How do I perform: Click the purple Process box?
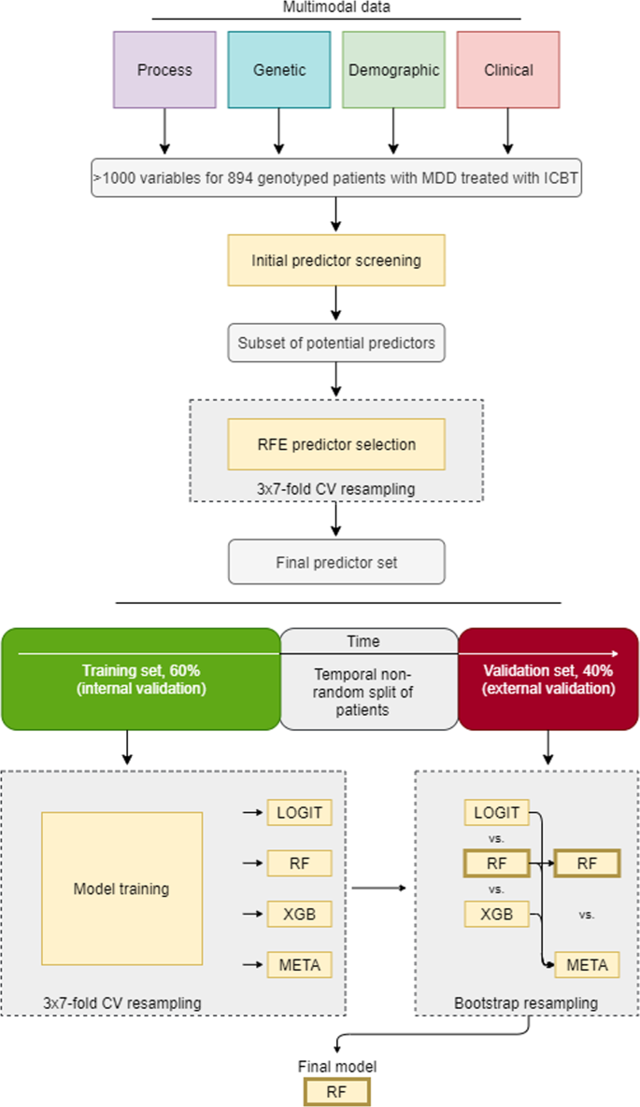coord(164,70)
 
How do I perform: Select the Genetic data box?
coord(278,70)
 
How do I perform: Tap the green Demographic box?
coord(392,70)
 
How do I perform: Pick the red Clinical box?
coord(508,70)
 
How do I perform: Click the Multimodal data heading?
coord(335,7)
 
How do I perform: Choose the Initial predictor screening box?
coord(335,260)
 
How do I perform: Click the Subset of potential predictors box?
coord(335,343)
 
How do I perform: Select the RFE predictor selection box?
coord(335,444)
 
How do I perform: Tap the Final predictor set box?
coord(335,563)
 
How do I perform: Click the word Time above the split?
coord(364,641)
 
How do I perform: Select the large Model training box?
coord(121,889)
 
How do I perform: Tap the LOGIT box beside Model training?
coord(299,812)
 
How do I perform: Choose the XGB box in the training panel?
coord(299,914)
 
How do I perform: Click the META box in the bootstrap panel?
coord(586,964)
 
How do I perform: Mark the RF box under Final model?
coord(336,1090)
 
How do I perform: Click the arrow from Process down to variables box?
coord(164,131)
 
